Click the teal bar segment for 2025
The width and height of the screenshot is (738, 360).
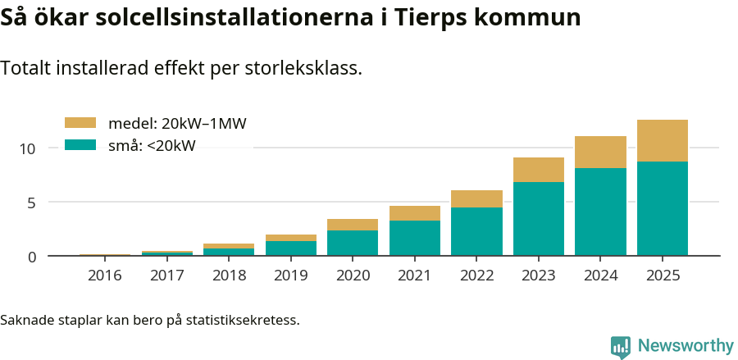coord(662,208)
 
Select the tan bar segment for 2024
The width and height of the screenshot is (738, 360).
coord(600,152)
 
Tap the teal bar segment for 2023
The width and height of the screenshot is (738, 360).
coord(538,218)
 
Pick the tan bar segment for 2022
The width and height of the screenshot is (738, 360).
coord(476,198)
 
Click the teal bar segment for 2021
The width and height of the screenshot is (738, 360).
coord(414,238)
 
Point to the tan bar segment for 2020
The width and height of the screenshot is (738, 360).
coord(353,225)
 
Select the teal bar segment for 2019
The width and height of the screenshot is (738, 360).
coord(290,248)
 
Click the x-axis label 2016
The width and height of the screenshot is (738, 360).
coord(104,276)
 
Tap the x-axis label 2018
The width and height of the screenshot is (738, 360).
coord(229,276)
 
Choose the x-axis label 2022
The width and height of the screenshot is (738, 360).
coord(476,276)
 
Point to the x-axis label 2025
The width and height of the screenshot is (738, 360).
coord(662,276)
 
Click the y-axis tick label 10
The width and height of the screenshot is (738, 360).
coord(29,148)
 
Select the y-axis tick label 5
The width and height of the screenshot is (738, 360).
coord(32,203)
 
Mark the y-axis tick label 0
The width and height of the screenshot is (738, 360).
coord(32,257)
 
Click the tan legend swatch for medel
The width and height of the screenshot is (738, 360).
coord(80,123)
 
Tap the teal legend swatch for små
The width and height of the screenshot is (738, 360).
coord(80,145)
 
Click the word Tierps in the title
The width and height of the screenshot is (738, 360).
coord(425,18)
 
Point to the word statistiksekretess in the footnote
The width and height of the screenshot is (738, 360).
coord(242,319)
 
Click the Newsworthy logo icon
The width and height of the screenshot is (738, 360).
coord(621,346)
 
